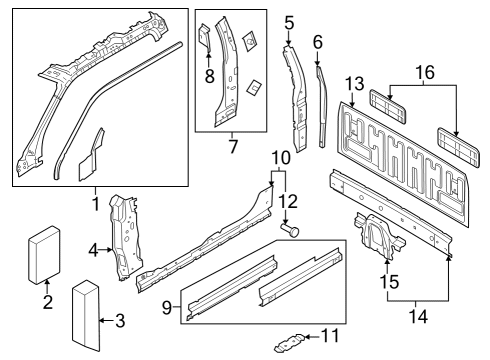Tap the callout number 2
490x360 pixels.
47,303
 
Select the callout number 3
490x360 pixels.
120,321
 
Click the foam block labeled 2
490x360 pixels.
43,258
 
